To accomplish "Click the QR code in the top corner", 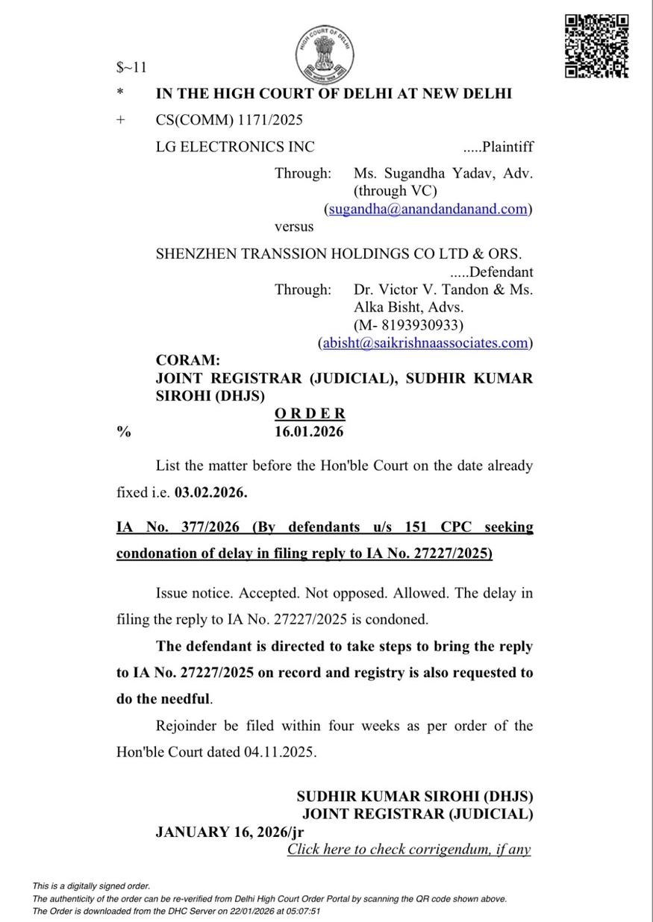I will click(x=596, y=46).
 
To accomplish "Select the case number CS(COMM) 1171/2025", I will click(x=229, y=119).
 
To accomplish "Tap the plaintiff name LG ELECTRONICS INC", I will click(x=235, y=146).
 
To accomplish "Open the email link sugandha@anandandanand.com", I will click(x=428, y=209).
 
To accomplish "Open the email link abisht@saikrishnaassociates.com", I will click(x=424, y=343).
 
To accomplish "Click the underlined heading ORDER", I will click(x=310, y=413).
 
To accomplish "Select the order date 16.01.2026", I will click(x=310, y=431).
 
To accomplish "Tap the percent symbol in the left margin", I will click(x=122, y=431).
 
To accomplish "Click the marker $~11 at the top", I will click(x=131, y=68).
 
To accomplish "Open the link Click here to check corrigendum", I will click(x=409, y=849).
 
